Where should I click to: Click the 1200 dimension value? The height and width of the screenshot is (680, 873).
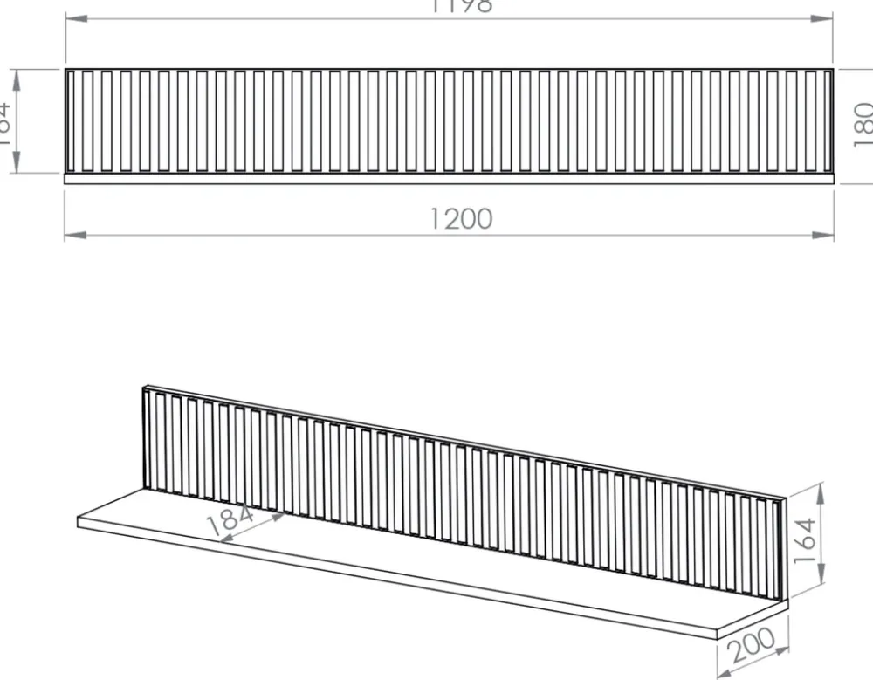coord(461,218)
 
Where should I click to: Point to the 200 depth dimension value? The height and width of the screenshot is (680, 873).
coord(753,646)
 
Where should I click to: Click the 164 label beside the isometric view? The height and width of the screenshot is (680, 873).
coord(804,539)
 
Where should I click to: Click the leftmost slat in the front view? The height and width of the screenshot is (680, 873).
coord(71,120)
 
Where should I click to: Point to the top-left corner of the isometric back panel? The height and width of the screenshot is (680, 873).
coord(143,386)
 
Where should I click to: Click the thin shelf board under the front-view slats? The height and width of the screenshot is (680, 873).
coord(449,178)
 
